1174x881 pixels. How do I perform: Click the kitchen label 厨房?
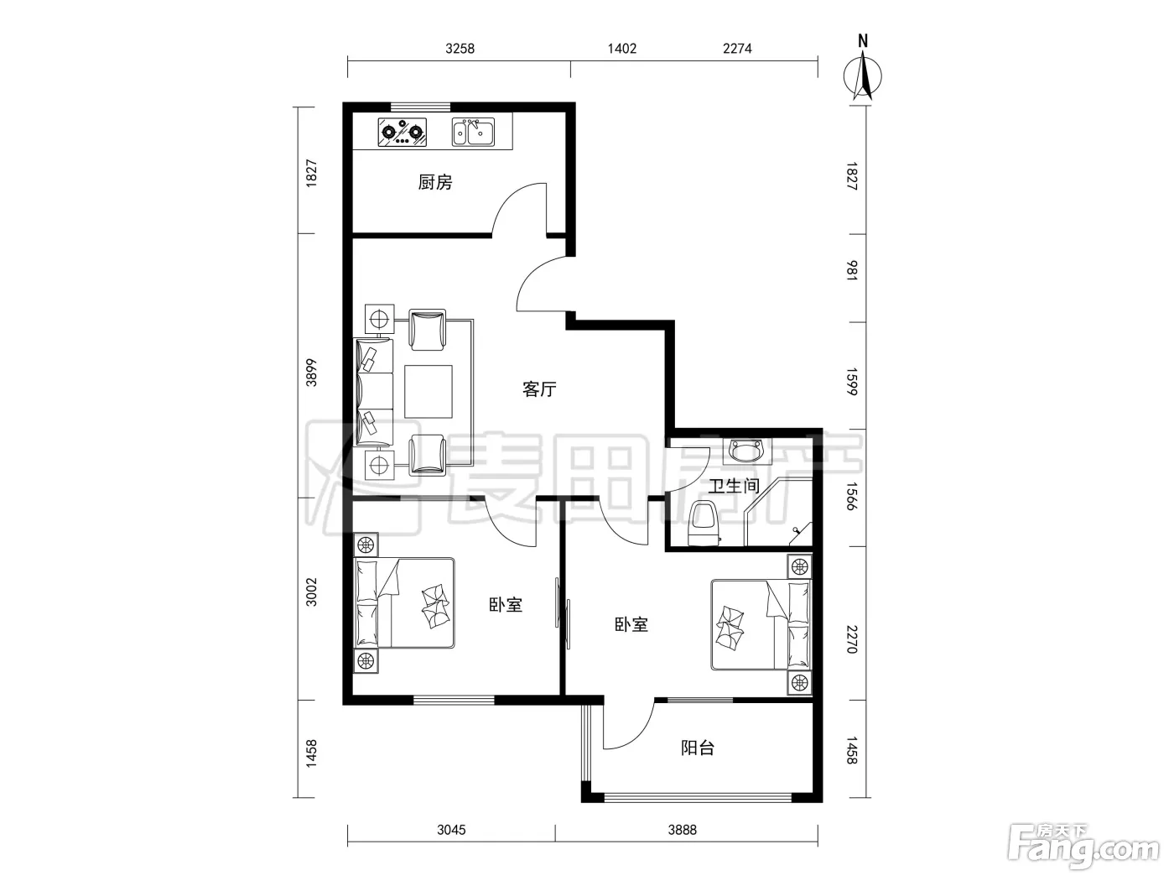click(x=435, y=182)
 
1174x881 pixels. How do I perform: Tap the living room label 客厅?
click(x=539, y=388)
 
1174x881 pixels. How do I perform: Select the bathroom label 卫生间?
click(x=734, y=486)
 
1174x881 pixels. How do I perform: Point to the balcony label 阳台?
click(x=698, y=748)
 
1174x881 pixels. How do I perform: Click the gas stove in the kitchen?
click(x=403, y=132)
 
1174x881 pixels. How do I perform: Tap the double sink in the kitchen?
click(x=473, y=132)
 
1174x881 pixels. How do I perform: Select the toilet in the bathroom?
click(x=704, y=523)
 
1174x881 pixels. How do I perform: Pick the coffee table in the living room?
click(x=429, y=392)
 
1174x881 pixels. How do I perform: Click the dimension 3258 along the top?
click(x=460, y=49)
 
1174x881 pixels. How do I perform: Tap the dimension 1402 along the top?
click(x=622, y=49)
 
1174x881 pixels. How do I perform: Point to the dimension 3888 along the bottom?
click(x=683, y=830)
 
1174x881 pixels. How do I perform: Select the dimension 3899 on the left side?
click(x=311, y=373)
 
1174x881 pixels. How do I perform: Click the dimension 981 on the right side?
click(x=852, y=270)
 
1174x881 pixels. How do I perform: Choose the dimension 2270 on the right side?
click(x=852, y=639)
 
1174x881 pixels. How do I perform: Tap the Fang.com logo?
click(x=1083, y=852)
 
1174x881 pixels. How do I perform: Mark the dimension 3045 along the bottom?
click(x=451, y=830)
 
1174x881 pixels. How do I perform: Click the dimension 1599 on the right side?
click(x=852, y=382)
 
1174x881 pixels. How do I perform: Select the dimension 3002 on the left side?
click(x=311, y=592)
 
